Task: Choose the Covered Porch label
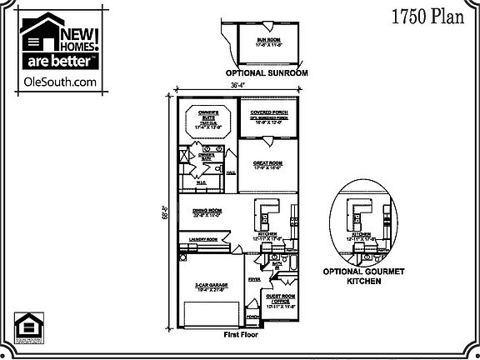268,112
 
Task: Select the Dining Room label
207,212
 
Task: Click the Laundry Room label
202,240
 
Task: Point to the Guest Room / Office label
280,299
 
